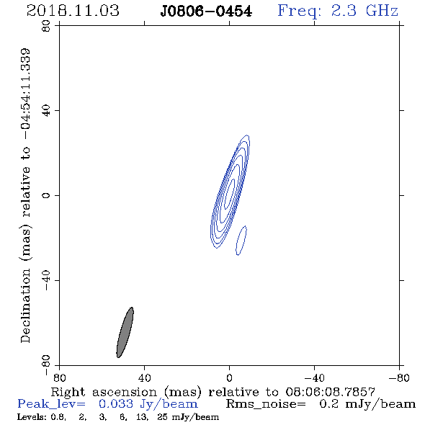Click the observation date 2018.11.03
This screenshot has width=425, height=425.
tap(73, 11)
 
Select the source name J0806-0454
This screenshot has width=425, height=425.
tap(206, 12)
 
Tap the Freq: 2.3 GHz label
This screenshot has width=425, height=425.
tap(338, 11)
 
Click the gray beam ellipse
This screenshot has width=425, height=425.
tap(125, 332)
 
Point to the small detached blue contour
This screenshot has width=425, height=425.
tap(241, 241)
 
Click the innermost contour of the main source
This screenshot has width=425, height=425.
tap(230, 194)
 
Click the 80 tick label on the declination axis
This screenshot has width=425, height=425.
tap(46, 26)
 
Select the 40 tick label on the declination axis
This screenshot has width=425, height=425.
tap(46, 111)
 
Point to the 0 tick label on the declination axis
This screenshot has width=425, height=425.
tap(46, 195)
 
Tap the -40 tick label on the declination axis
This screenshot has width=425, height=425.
tap(46, 280)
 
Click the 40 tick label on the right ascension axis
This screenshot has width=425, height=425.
tap(145, 378)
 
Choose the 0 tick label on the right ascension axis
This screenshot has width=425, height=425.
tap(229, 378)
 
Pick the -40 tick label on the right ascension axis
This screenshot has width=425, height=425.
tap(314, 378)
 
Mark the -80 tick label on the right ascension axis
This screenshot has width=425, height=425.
tap(399, 378)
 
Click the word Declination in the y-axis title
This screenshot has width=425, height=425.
tap(25, 305)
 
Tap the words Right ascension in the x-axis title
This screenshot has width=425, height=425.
tap(104, 393)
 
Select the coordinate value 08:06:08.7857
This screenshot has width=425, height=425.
tap(331, 392)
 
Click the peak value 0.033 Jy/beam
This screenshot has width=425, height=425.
tap(148, 404)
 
